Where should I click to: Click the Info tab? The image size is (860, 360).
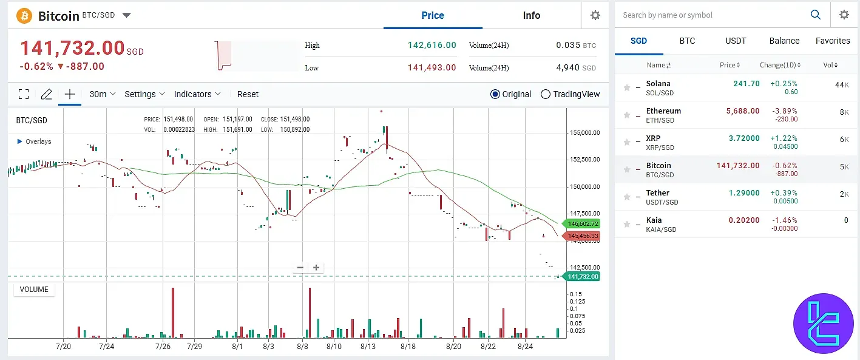pos(531,16)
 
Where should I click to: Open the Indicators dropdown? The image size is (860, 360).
pos(197,94)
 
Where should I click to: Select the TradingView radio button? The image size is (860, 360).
pos(546,94)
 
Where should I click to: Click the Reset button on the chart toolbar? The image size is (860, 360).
pos(248,94)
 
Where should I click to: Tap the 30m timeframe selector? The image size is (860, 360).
pos(98,94)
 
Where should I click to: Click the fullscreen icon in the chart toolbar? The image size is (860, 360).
pos(24,94)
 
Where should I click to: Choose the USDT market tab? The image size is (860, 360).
pos(736,41)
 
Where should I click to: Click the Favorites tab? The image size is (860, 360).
pos(833,41)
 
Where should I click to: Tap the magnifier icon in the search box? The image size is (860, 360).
pos(816,15)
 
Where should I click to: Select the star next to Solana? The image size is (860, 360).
pos(627,88)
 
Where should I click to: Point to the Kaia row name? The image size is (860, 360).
pos(654,220)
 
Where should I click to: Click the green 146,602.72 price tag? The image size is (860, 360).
pos(581,223)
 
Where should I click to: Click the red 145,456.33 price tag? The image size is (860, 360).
pos(581,236)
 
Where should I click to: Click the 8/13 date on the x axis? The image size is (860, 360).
pos(368,347)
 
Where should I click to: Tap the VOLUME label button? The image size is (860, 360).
pos(34,290)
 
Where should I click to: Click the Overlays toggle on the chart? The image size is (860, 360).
pos(35,141)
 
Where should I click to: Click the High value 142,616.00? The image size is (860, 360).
pos(432,46)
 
